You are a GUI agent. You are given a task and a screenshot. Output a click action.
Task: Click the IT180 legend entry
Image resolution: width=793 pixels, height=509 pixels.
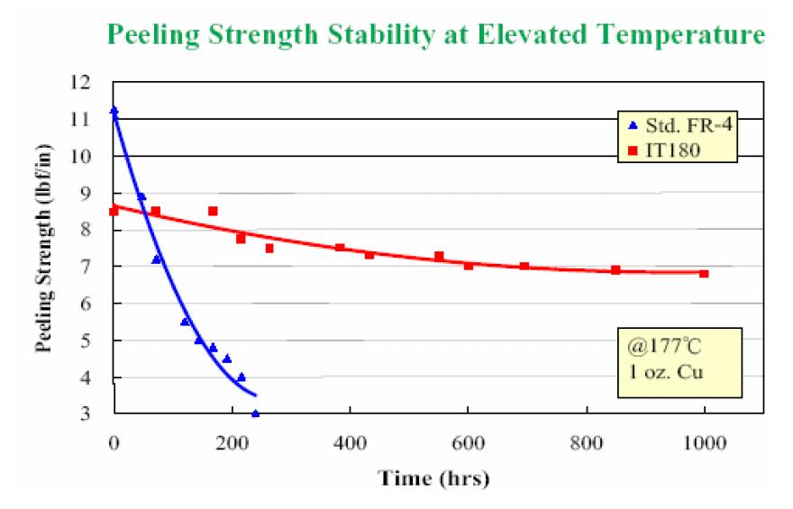(664, 150)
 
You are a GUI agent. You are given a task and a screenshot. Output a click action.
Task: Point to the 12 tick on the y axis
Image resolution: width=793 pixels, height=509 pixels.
(80, 82)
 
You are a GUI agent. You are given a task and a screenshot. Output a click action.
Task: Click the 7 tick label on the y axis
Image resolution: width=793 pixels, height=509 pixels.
(85, 267)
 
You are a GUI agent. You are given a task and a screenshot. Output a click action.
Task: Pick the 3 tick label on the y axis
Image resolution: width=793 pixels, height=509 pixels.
(85, 414)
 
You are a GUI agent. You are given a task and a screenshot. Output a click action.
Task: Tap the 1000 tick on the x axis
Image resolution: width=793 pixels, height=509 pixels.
(705, 443)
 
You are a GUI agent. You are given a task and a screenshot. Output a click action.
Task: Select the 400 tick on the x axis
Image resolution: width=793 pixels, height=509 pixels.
(350, 443)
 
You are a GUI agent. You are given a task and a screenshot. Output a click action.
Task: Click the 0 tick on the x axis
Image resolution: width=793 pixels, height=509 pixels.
(114, 443)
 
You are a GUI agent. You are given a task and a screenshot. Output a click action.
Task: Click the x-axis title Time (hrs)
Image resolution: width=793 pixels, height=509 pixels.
(434, 478)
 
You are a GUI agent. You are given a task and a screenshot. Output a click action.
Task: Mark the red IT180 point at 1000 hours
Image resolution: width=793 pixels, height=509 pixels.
(704, 274)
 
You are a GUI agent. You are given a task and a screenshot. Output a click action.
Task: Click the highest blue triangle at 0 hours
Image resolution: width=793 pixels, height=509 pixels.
(114, 110)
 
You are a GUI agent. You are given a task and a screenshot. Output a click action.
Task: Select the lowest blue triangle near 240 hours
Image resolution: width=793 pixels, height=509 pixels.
(255, 414)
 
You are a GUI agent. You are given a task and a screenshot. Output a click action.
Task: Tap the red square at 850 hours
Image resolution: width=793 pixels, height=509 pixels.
(615, 270)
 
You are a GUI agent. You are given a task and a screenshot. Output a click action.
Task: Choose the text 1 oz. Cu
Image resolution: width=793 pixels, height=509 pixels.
(666, 373)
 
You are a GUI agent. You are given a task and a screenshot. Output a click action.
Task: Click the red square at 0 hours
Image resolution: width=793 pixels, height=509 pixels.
(114, 211)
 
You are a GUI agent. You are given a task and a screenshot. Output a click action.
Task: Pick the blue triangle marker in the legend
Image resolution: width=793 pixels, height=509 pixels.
(633, 125)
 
